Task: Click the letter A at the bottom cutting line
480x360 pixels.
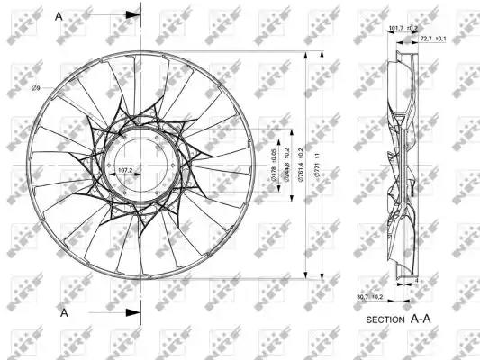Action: pos(65,312)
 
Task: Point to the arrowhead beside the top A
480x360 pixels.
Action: pos(133,15)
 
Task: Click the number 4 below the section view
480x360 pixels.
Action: pos(419,281)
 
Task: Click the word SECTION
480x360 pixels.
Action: pos(386,319)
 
